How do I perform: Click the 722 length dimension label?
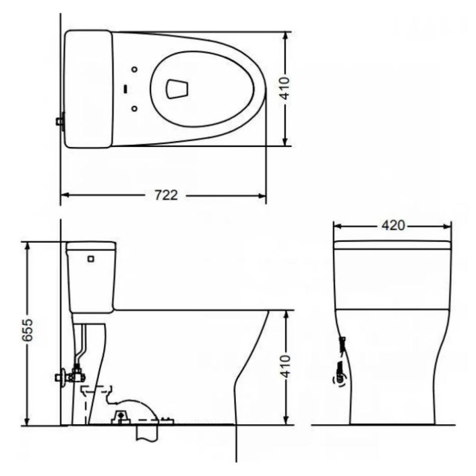click(x=166, y=195)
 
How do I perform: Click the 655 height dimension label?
click(x=28, y=330)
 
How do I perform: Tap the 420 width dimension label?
click(x=393, y=225)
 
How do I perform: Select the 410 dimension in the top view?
click(x=285, y=88)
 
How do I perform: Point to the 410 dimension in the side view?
click(x=285, y=367)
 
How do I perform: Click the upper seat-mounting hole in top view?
click(x=134, y=69)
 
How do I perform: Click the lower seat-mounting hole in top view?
click(x=134, y=108)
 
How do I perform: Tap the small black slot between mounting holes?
click(x=125, y=89)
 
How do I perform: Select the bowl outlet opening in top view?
click(x=177, y=89)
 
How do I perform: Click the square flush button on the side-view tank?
click(x=90, y=259)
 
